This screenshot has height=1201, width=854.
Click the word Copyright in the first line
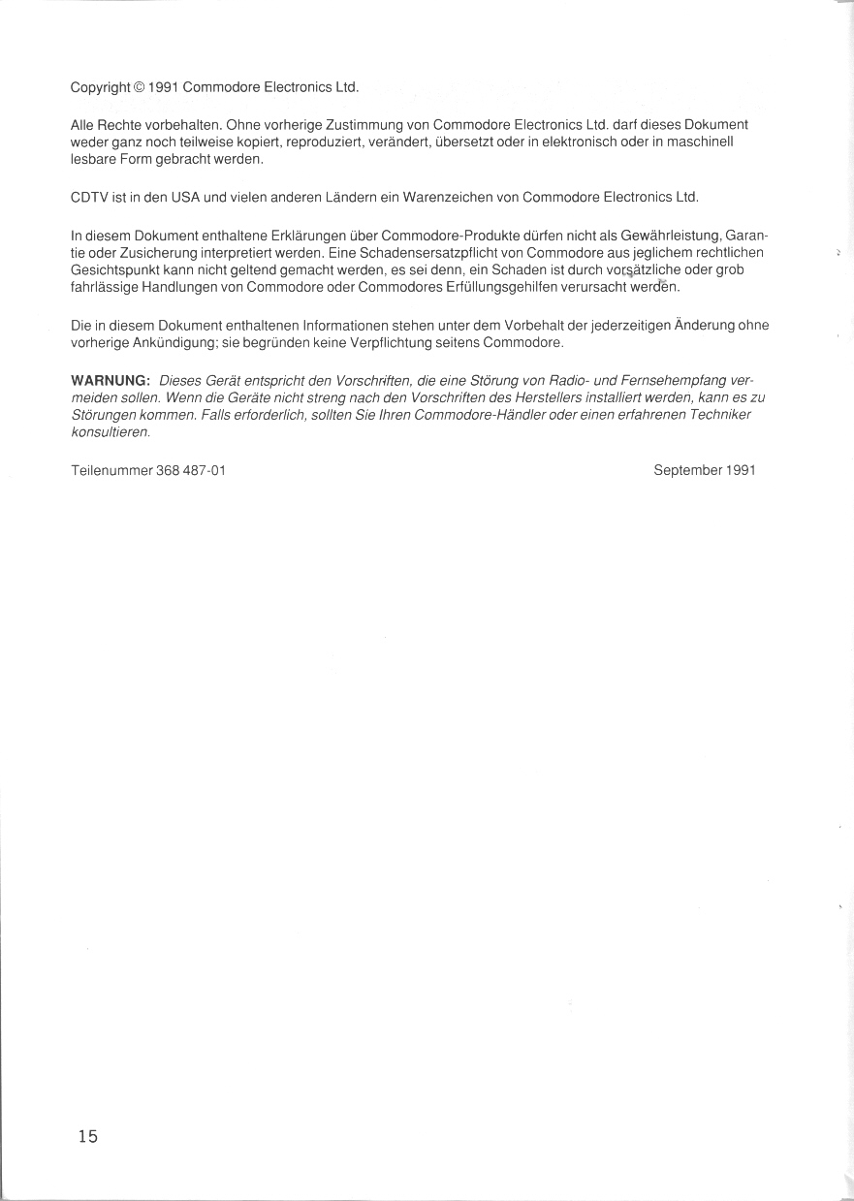[x=100, y=87]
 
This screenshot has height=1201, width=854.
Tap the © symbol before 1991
[x=140, y=87]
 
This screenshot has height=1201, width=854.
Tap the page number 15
[x=88, y=1136]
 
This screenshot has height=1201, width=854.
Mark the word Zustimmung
[x=364, y=125]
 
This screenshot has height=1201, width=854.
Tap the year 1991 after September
[x=739, y=470]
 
